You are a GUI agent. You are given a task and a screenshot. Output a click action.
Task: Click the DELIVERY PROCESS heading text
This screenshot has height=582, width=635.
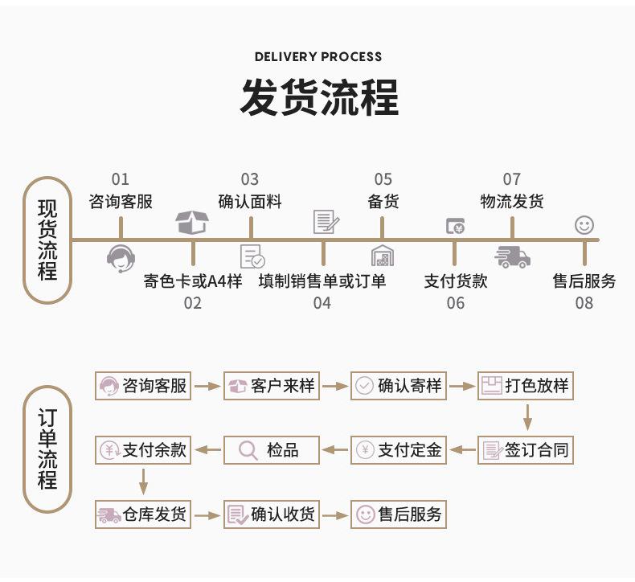point(317,57)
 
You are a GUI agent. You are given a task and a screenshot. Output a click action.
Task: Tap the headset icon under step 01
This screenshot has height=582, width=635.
point(120,258)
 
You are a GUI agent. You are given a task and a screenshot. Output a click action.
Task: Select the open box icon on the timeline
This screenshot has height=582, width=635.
point(192,222)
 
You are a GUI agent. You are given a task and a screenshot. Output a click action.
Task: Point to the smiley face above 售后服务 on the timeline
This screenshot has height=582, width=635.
point(584,225)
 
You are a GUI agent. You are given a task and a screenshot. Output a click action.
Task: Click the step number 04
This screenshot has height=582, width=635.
point(322,303)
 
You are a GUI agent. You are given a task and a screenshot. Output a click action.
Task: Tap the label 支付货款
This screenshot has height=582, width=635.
point(456,281)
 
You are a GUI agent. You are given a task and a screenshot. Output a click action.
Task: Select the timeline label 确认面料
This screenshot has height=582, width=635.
point(250,201)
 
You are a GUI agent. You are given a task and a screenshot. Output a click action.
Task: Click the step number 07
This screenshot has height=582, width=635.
point(512,179)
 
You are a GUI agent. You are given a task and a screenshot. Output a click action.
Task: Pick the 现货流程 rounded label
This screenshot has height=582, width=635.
point(47,240)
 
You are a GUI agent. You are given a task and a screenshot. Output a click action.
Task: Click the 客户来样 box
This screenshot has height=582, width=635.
point(271,386)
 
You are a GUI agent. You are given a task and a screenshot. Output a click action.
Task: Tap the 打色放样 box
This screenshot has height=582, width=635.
point(526,386)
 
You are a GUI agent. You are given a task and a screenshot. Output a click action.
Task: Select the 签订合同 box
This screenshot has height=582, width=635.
point(526,450)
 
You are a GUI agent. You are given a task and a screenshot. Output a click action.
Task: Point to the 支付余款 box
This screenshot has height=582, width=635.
point(143,450)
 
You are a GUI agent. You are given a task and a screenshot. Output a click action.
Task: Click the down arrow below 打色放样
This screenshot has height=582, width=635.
point(528,417)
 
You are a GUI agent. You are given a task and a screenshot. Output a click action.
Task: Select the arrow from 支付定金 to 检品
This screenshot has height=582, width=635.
point(335,450)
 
